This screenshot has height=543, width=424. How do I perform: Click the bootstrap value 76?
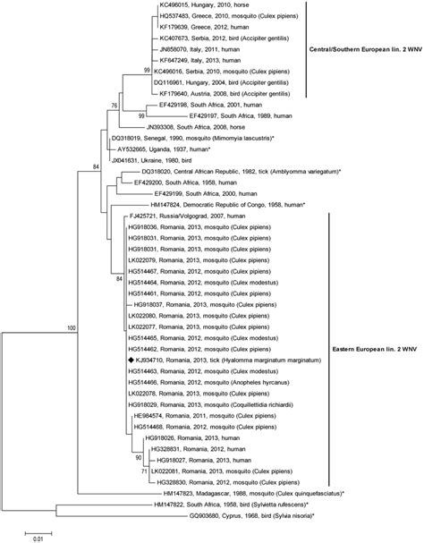[113, 106]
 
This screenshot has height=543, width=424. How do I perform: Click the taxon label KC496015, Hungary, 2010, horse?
[199, 5]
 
